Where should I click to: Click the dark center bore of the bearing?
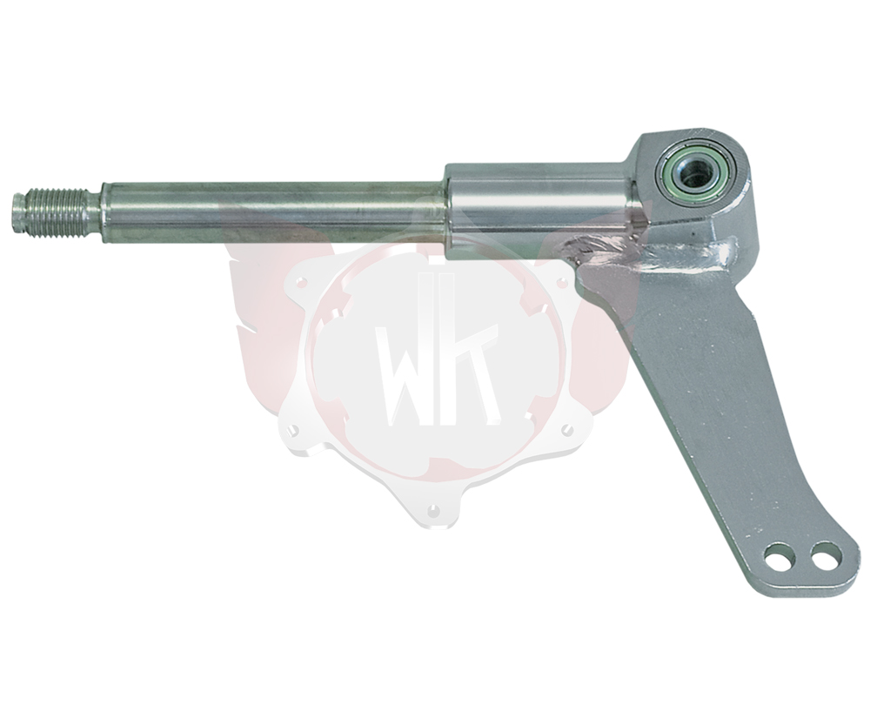693,177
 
